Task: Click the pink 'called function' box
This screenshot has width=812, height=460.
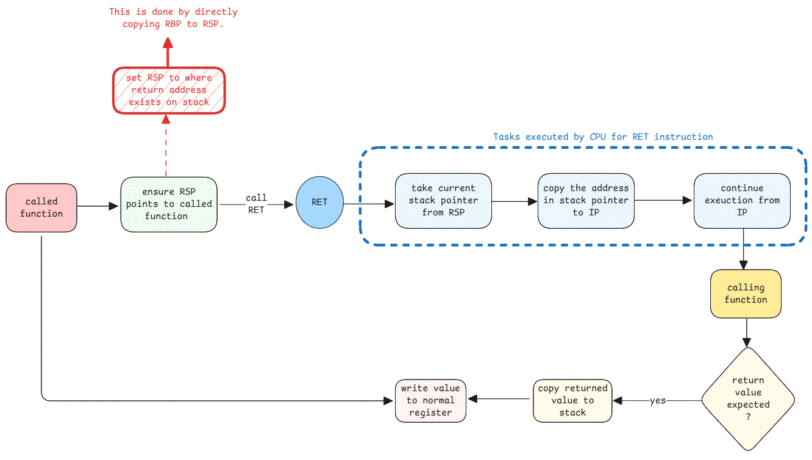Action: click(41, 207)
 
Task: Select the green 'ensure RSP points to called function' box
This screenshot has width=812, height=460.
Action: click(169, 204)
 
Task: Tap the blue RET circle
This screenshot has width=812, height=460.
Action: click(319, 203)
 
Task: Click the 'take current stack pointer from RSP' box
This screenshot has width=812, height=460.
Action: click(443, 201)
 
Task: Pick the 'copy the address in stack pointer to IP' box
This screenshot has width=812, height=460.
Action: click(586, 200)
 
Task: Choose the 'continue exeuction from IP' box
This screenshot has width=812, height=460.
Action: click(742, 200)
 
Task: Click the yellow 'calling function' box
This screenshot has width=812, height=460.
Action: click(746, 293)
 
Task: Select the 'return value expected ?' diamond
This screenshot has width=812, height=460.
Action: click(748, 399)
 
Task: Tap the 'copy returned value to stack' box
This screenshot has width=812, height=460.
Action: click(572, 400)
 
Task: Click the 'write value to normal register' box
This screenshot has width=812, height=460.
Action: click(431, 400)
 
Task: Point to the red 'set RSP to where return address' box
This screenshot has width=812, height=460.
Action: click(169, 90)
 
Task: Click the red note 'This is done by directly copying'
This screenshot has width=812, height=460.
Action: click(173, 18)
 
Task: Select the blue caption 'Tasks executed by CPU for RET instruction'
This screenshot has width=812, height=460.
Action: click(602, 137)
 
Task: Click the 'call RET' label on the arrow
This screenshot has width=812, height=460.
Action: click(256, 204)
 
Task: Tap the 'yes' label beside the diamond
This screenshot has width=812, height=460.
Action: click(657, 401)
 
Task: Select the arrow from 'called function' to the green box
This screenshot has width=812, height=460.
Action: click(98, 207)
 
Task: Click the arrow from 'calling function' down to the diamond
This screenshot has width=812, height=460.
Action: click(746, 333)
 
